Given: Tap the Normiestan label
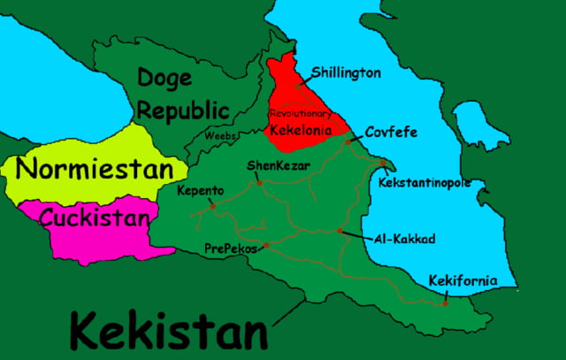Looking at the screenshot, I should pos(95,168).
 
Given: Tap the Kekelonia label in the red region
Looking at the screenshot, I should pos(301,131).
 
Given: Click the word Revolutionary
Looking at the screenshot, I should pos(300,114).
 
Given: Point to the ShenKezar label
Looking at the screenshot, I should pos(269,165).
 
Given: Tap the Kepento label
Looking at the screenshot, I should pos(200,190).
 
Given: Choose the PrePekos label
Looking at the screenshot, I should pos(230,249).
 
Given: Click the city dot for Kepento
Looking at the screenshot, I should pos(213,206).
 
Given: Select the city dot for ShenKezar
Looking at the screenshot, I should pos(259,183).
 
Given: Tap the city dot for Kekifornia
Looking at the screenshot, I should pos(445,303).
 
